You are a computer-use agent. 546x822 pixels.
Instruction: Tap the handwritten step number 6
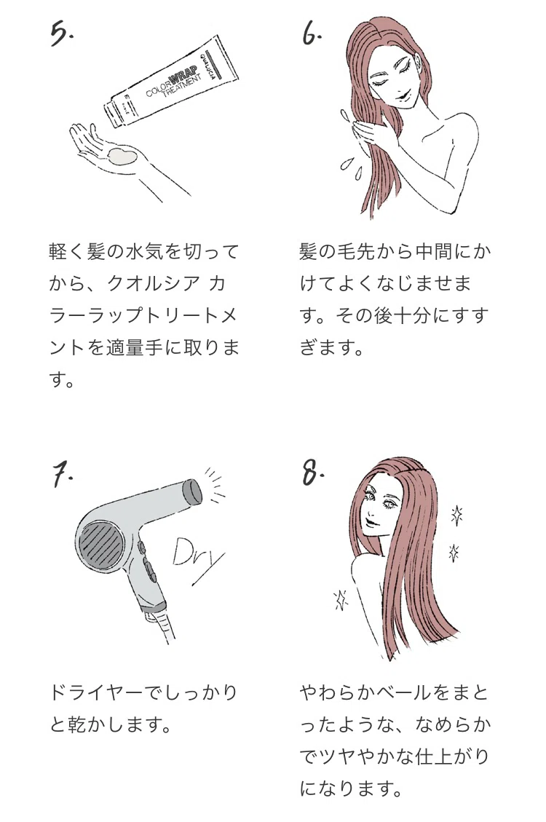(312, 34)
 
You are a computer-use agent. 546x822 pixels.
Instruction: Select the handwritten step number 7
(61, 475)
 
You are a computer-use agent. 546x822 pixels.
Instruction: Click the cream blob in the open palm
(123, 157)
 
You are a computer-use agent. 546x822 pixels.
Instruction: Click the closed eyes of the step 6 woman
(388, 76)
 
